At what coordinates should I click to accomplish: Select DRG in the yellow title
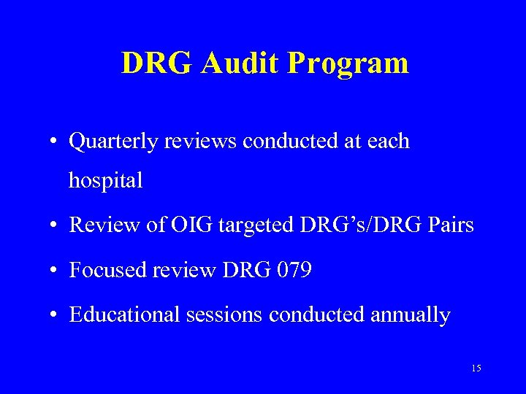coord(154,63)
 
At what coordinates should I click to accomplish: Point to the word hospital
coord(105,181)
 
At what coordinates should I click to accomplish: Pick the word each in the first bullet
coord(388,142)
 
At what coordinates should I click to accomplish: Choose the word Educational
coord(116,315)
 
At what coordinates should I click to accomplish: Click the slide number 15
coord(476,369)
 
